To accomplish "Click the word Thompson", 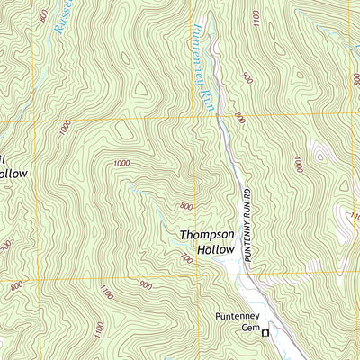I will click(x=207, y=235).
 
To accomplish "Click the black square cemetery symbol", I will click(x=265, y=332).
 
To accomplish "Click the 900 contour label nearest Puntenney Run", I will click(x=247, y=79).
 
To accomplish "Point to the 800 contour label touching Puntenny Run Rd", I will click(x=239, y=117).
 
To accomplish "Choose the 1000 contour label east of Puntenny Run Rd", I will click(x=298, y=163).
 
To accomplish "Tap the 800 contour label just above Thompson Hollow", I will click(x=185, y=207).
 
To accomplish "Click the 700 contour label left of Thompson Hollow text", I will click(x=187, y=259).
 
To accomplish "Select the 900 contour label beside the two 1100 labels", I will click(x=145, y=285).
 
